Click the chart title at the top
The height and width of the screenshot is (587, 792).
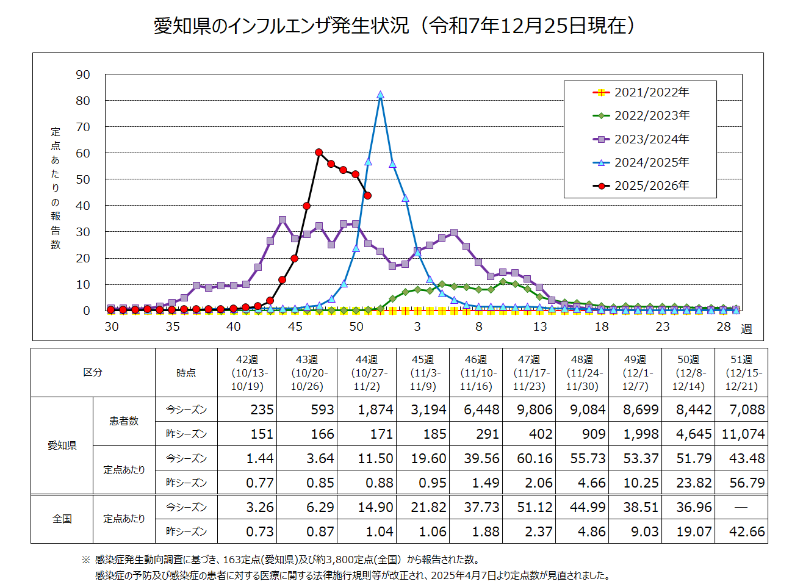[x=395, y=26]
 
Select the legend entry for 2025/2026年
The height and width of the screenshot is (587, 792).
[x=651, y=185]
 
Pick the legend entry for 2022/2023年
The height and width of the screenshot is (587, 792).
[x=651, y=115]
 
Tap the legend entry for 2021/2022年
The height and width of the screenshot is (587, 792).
[x=651, y=92]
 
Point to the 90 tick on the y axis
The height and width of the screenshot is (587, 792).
[x=83, y=74]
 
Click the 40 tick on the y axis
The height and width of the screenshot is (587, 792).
[x=83, y=206]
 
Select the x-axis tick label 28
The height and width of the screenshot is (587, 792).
[x=724, y=326]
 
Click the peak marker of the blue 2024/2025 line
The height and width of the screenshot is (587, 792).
[x=380, y=95]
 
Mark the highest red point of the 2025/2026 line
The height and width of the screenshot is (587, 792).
[x=319, y=152]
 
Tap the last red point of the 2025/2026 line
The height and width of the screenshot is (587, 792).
[x=367, y=195]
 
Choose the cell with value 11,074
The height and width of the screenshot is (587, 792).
[x=743, y=434]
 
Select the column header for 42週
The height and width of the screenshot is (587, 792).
[x=247, y=373]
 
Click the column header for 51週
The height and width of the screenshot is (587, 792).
[x=741, y=373]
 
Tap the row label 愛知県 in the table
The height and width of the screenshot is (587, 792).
[x=62, y=445]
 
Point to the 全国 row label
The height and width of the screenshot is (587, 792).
[x=62, y=519]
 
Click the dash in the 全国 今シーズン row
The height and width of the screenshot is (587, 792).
[x=741, y=507]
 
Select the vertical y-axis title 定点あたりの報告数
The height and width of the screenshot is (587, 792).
[x=56, y=188]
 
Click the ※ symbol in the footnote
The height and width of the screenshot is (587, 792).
[x=85, y=560]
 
